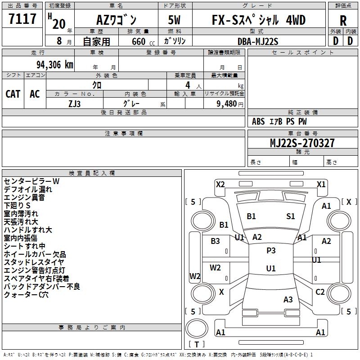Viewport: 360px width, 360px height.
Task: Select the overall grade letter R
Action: pyautogui.click(x=343, y=20)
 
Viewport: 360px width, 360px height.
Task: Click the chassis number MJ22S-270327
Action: pyautogui.click(x=302, y=143)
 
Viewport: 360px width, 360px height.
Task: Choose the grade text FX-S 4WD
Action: pyautogui.click(x=258, y=20)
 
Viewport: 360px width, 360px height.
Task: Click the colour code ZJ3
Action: pyautogui.click(x=75, y=103)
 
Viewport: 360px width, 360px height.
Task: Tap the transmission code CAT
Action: pyautogui.click(x=13, y=94)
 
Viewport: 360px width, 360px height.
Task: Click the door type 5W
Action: pyautogui.click(x=175, y=20)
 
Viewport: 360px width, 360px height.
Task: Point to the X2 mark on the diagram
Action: pyautogui.click(x=220, y=184)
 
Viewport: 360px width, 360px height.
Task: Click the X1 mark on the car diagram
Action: pyautogui.click(x=321, y=184)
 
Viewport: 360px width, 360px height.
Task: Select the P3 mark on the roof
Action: pyautogui.click(x=271, y=251)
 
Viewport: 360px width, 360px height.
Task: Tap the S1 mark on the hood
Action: pyautogui.click(x=291, y=216)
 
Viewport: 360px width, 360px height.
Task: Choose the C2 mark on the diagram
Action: pyautogui.click(x=320, y=292)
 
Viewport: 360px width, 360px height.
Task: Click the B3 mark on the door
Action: pyautogui.click(x=215, y=241)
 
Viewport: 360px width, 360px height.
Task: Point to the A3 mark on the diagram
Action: pyautogui.click(x=288, y=299)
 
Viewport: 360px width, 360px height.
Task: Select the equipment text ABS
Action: pyautogui.click(x=258, y=121)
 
